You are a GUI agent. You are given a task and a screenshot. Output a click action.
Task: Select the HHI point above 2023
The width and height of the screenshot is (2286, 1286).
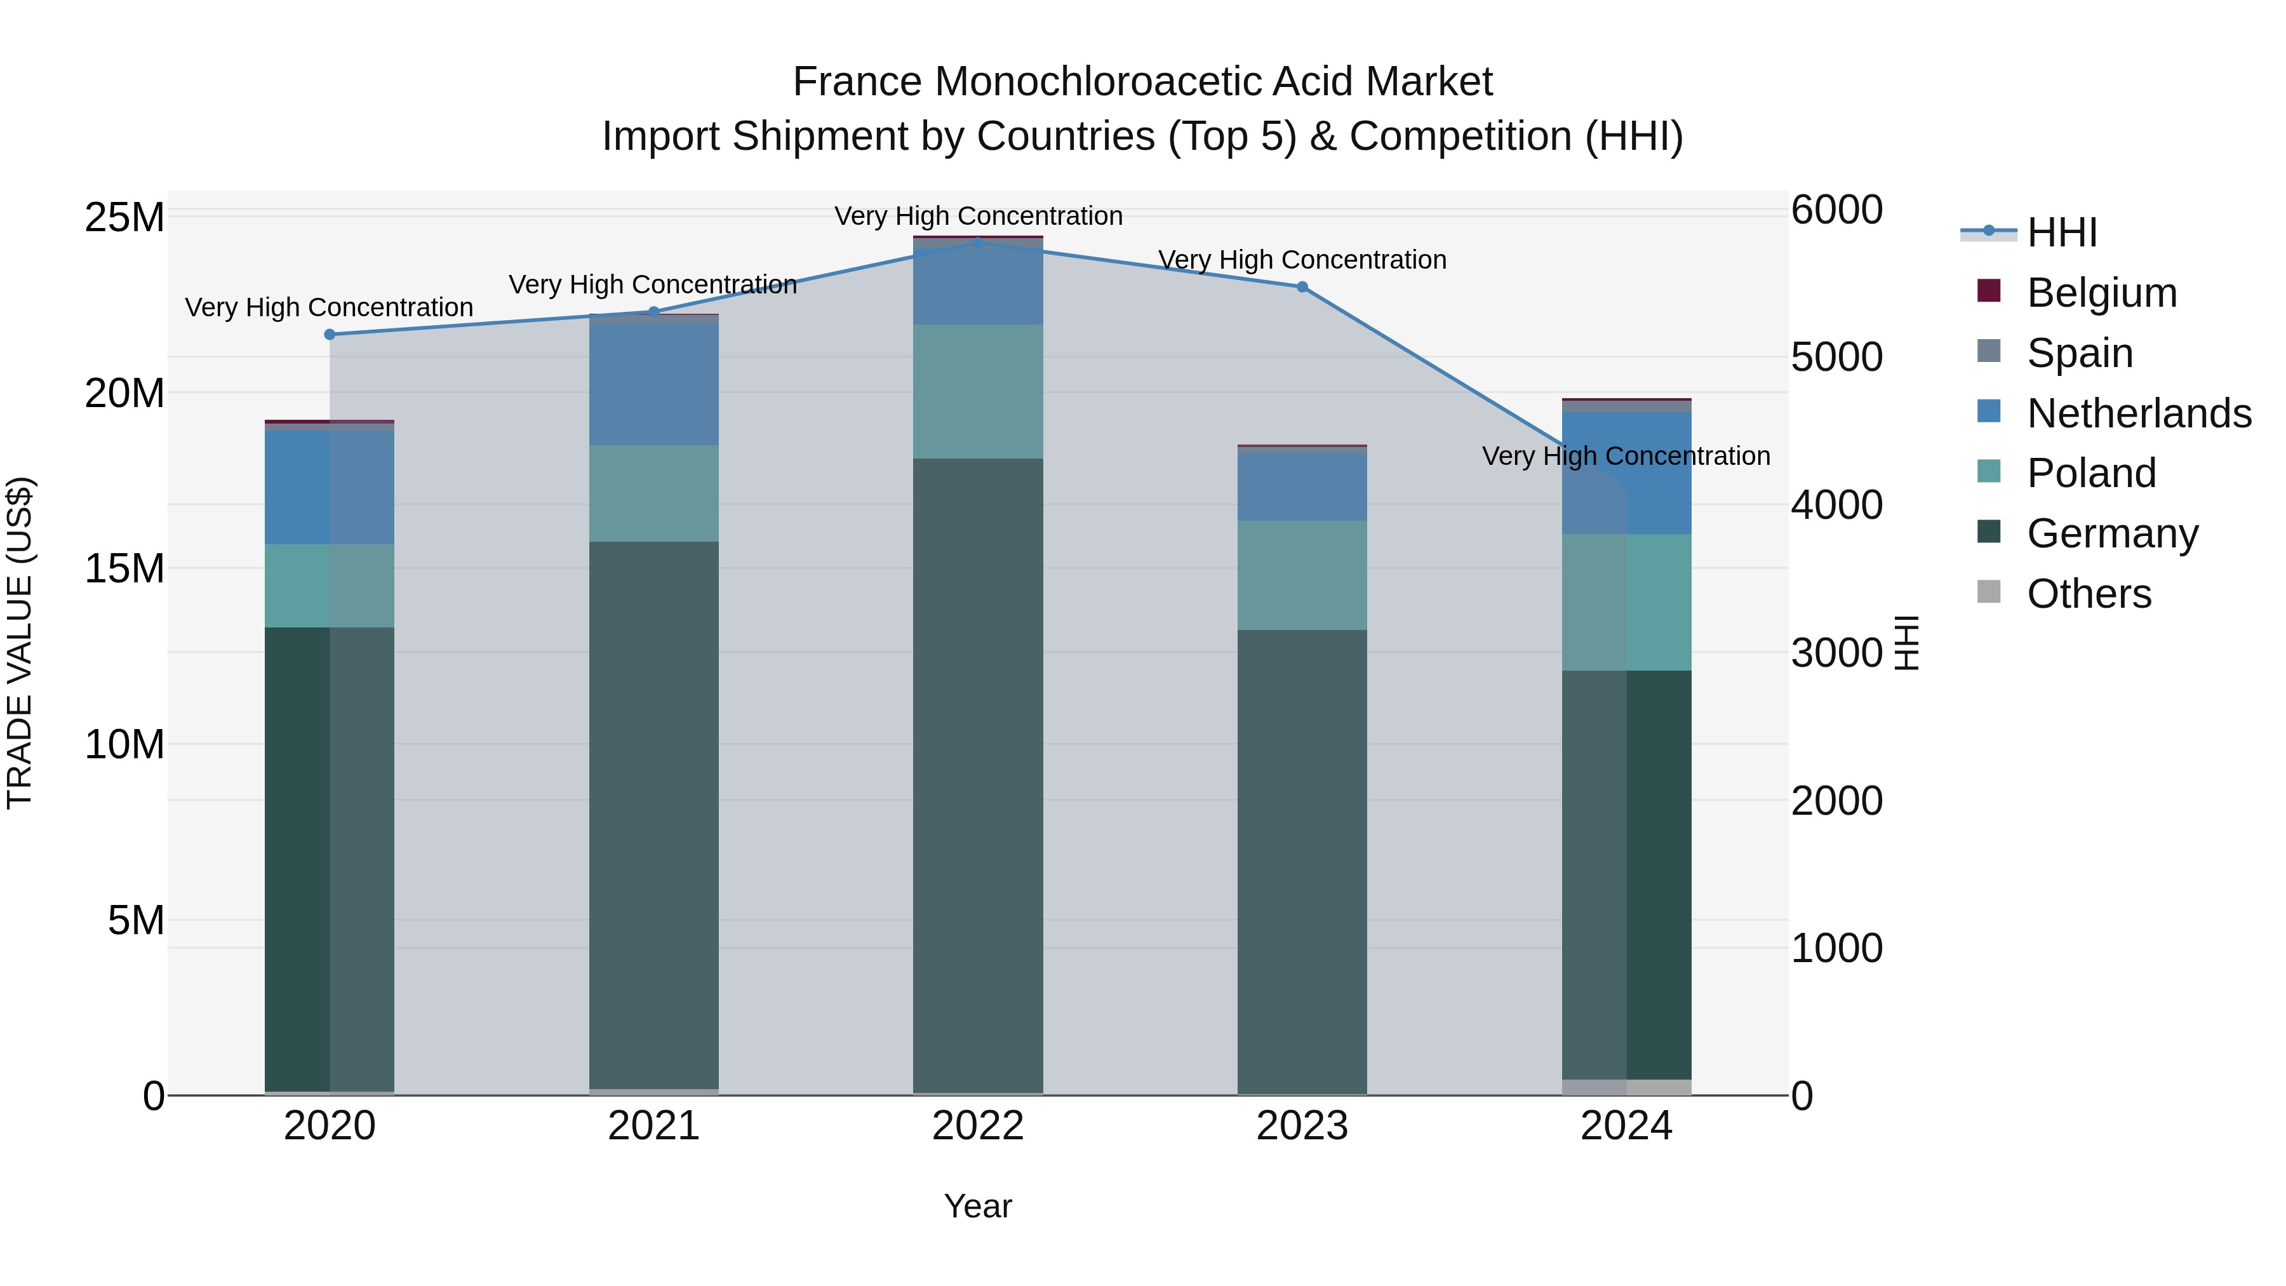(1302, 286)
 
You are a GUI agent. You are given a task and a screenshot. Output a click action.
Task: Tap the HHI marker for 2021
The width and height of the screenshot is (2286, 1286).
(654, 312)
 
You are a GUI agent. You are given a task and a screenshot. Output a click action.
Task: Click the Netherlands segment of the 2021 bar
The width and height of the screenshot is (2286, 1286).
(654, 384)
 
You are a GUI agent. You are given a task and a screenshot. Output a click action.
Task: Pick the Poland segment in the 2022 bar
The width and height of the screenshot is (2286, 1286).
(978, 391)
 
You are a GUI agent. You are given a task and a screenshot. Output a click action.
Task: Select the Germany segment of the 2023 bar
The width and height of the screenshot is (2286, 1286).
(1302, 861)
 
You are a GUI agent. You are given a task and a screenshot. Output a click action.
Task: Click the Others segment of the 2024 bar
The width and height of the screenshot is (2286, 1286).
(1627, 1087)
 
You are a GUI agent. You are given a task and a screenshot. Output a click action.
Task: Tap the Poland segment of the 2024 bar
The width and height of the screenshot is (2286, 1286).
(1627, 602)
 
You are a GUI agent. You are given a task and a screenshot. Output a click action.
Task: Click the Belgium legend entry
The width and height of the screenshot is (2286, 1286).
(2101, 293)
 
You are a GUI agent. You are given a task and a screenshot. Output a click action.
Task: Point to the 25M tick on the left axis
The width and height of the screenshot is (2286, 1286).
(124, 217)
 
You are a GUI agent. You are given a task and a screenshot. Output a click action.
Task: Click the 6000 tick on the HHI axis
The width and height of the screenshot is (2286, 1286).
(1836, 210)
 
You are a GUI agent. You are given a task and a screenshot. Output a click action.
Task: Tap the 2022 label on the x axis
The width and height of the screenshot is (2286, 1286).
(978, 1126)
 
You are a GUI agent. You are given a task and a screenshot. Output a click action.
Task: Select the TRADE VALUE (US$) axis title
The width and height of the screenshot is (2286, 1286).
(20, 643)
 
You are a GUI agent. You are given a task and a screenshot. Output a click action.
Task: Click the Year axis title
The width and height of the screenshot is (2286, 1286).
(978, 1206)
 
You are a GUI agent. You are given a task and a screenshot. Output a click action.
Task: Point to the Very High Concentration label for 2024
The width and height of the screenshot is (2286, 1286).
(1626, 456)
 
